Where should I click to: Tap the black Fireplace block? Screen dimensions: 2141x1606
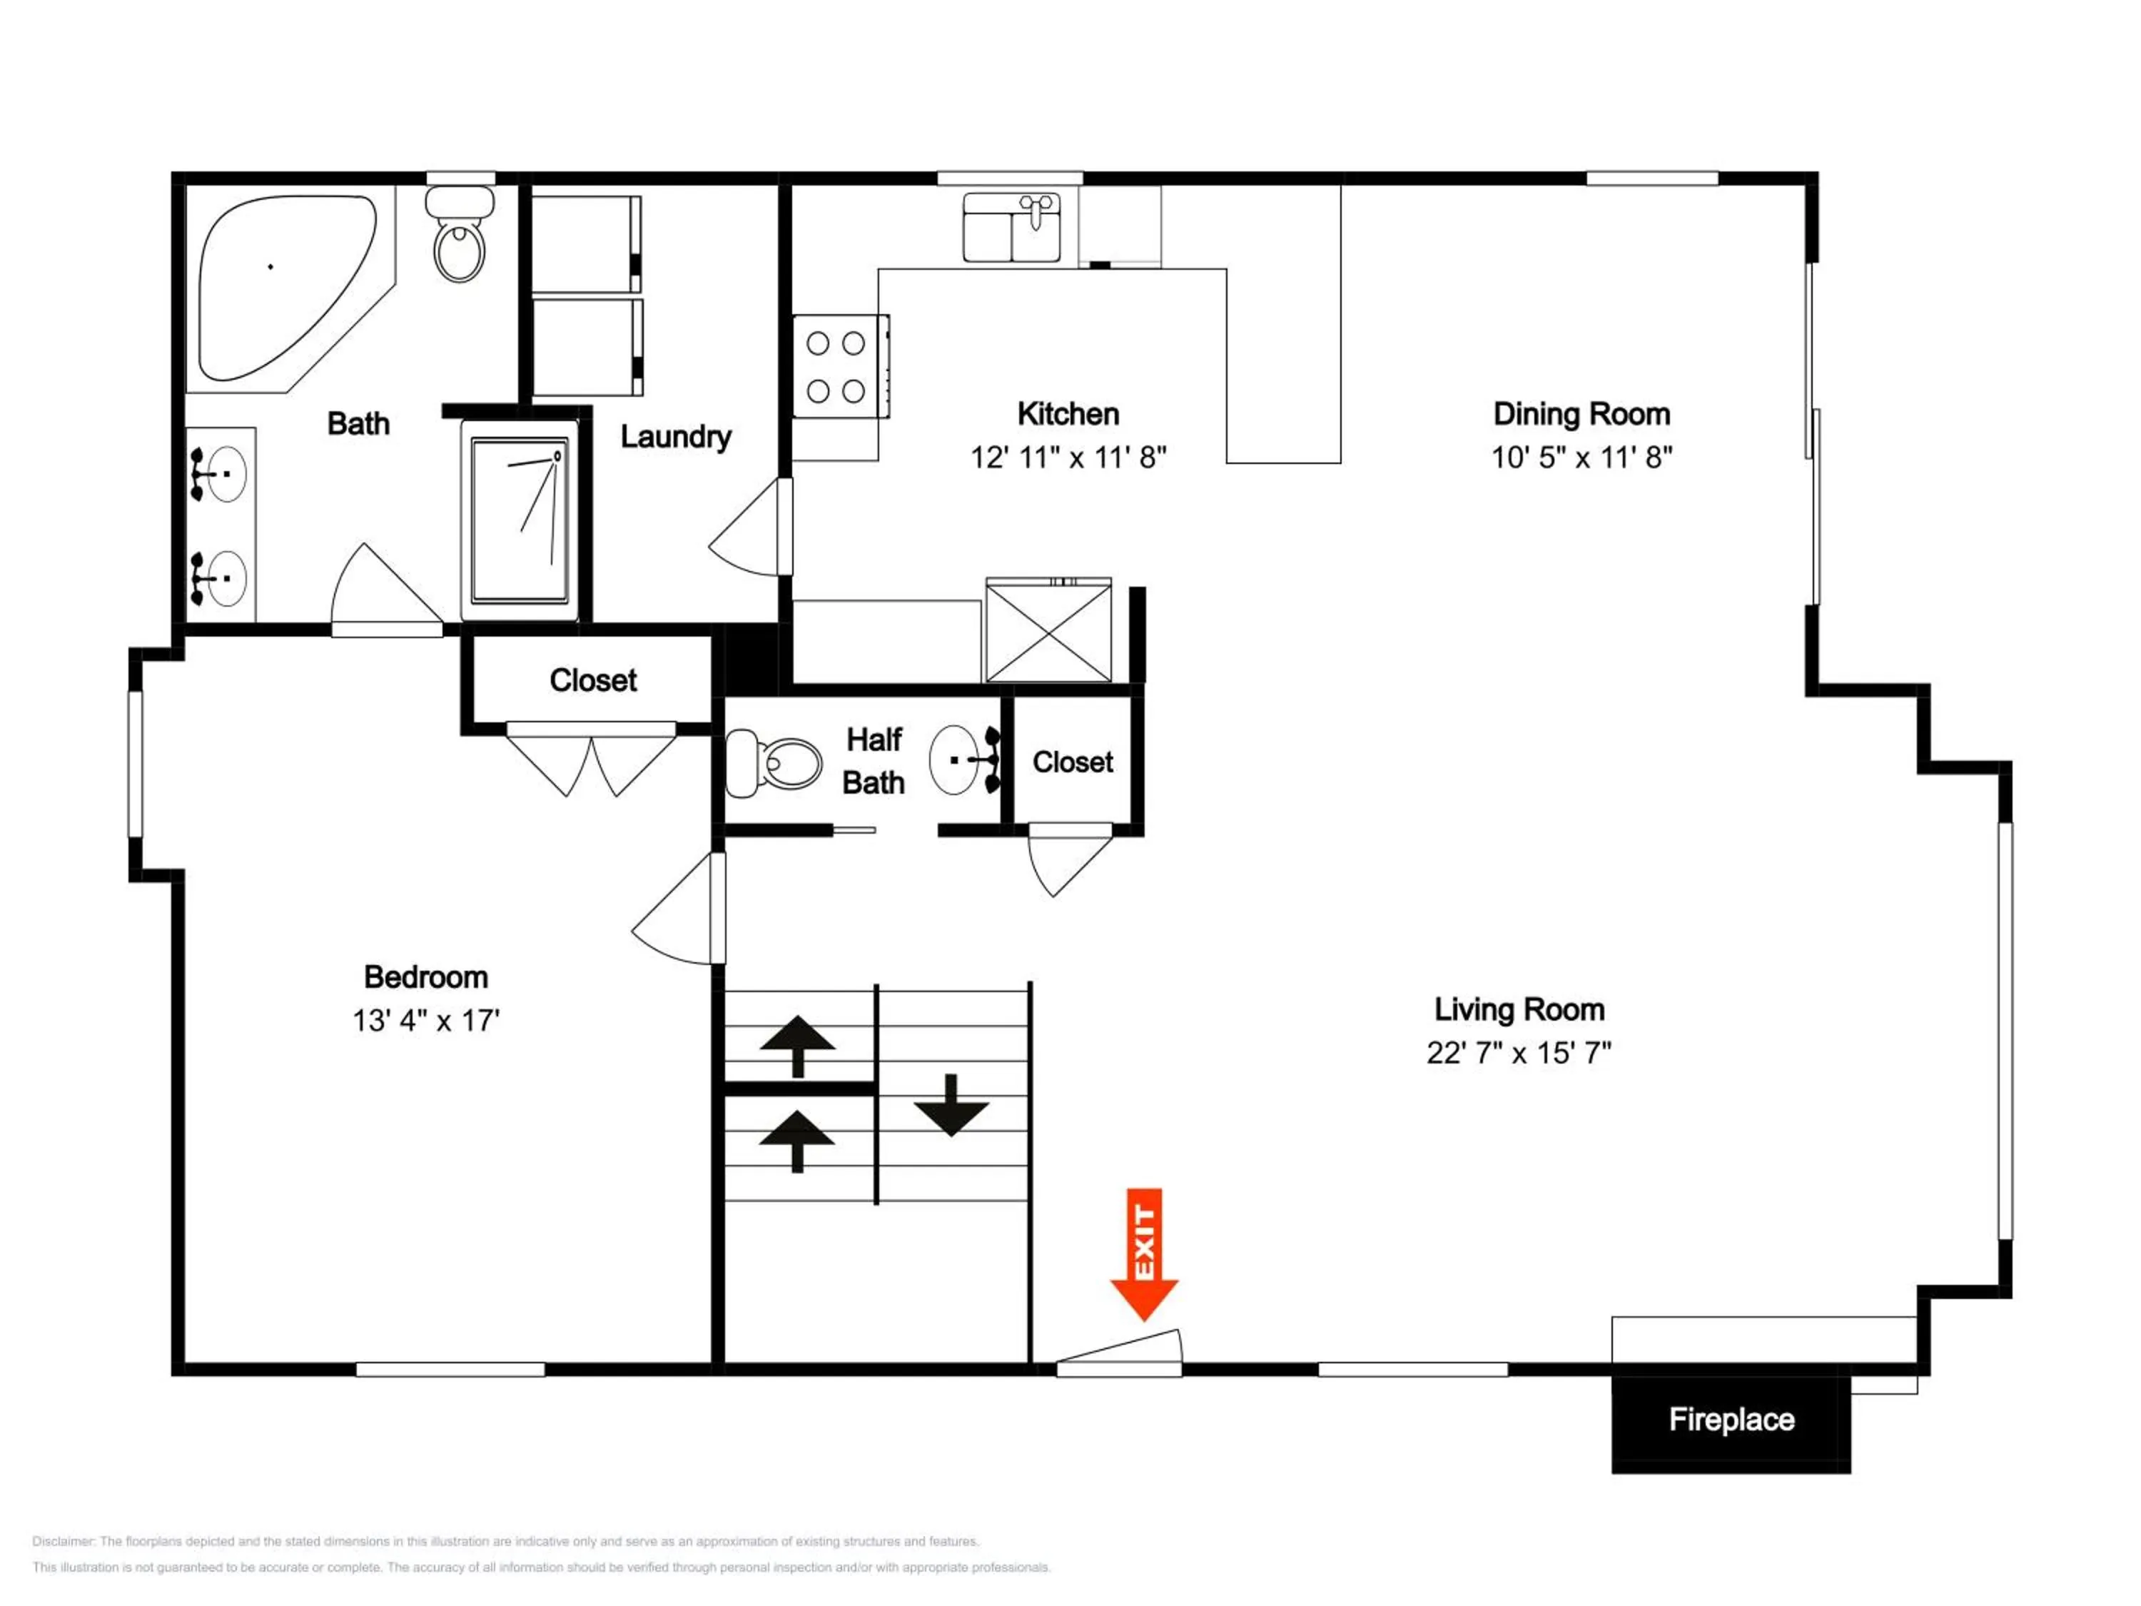(1731, 1419)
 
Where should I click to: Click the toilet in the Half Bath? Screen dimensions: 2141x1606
(772, 763)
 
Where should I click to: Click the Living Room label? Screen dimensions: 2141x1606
(1519, 1010)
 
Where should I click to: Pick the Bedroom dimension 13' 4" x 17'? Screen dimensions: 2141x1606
(426, 1020)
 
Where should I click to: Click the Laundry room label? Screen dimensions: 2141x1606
(676, 437)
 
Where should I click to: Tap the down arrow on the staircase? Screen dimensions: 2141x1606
(951, 1104)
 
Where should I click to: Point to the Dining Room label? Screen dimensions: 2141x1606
(1581, 414)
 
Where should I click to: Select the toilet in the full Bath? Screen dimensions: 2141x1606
(460, 233)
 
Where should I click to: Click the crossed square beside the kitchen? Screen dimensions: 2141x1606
(1048, 630)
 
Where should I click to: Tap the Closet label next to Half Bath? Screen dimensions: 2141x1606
(1073, 763)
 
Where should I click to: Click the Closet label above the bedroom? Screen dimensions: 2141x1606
(593, 680)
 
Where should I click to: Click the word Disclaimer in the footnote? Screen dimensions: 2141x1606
(63, 1541)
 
